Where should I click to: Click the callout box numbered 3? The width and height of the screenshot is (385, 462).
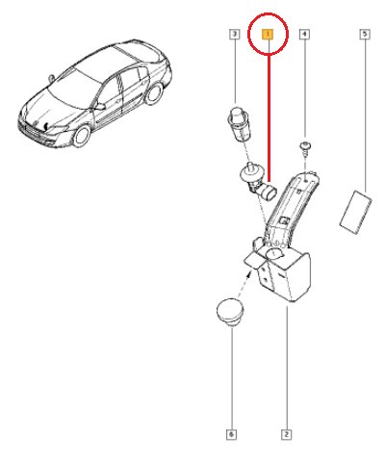pyautogui.click(x=235, y=34)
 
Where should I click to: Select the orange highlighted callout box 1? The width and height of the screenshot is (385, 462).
pyautogui.click(x=268, y=34)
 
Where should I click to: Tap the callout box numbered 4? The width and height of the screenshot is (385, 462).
pyautogui.click(x=304, y=34)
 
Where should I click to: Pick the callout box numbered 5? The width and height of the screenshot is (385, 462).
pyautogui.click(x=365, y=34)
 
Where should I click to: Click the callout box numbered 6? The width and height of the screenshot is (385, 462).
pyautogui.click(x=231, y=435)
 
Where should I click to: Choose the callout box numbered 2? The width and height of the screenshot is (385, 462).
pyautogui.click(x=286, y=435)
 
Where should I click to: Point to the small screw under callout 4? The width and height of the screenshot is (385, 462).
pyautogui.click(x=305, y=149)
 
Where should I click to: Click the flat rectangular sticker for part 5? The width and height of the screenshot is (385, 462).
pyautogui.click(x=356, y=212)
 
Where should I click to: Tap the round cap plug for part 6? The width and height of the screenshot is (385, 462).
pyautogui.click(x=230, y=313)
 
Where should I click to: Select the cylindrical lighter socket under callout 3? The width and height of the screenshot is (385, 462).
pyautogui.click(x=239, y=124)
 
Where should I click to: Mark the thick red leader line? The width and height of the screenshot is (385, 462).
pyautogui.click(x=269, y=118)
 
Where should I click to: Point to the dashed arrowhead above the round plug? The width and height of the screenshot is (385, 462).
pyautogui.click(x=248, y=273)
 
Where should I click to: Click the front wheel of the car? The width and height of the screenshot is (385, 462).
pyautogui.click(x=82, y=136)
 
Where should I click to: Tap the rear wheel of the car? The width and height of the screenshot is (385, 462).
pyautogui.click(x=154, y=93)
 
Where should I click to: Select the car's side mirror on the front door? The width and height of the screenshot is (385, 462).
pyautogui.click(x=100, y=106)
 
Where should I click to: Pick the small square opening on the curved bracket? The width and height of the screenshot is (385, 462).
pyautogui.click(x=284, y=220)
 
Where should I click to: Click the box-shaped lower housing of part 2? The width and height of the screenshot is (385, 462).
pyautogui.click(x=284, y=275)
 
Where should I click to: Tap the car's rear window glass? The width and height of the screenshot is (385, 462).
pyautogui.click(x=138, y=51)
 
